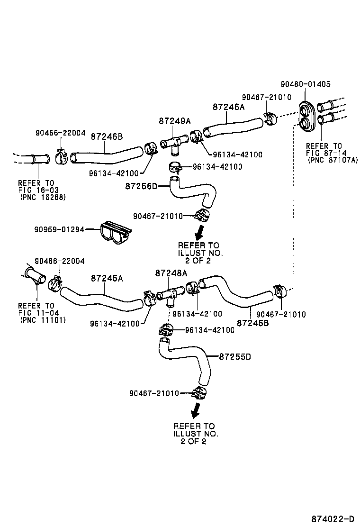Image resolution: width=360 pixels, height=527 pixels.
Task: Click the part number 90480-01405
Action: [305, 84]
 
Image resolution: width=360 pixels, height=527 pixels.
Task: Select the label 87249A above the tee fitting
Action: [174, 121]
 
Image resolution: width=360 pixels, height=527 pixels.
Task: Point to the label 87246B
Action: [107, 136]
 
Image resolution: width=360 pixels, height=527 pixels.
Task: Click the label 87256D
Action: [141, 186]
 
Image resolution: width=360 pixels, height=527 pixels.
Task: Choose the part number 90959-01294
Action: [59, 229]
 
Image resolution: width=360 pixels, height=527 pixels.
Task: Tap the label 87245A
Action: [107, 278]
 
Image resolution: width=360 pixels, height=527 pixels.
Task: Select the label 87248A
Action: [171, 273]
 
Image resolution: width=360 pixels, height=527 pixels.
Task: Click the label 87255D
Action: [235, 356]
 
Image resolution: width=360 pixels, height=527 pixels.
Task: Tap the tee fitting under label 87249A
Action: [173, 143]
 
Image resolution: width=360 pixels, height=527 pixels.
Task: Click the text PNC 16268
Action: [43, 197]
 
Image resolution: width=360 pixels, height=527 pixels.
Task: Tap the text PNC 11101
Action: [43, 320]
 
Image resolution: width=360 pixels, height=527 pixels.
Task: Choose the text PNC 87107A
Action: [333, 160]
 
